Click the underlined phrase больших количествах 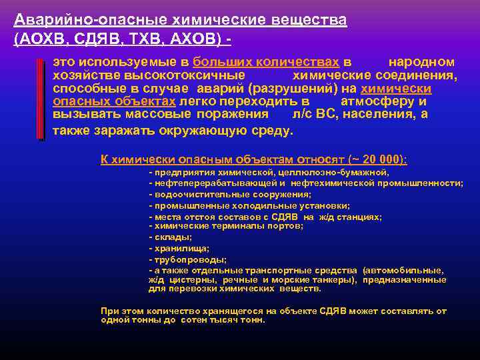pos(266,61)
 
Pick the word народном pos(421,61)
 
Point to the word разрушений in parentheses pos(309,89)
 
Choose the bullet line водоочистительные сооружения pos(231,195)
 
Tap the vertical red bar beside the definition pos(41,97)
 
